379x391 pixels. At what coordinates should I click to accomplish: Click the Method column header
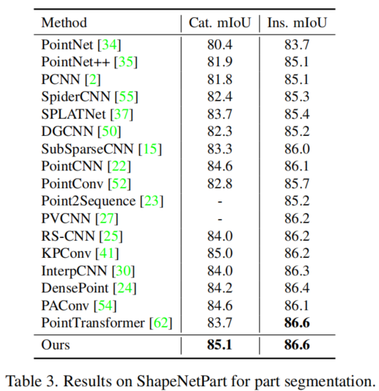point(64,23)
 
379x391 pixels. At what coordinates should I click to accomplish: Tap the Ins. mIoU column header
point(297,23)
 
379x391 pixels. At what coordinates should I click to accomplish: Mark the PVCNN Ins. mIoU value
point(297,218)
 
